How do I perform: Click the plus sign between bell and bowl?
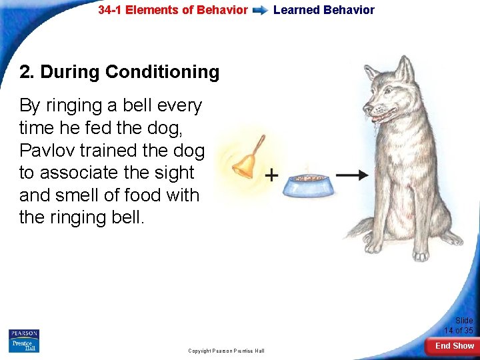271,175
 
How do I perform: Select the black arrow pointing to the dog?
351,175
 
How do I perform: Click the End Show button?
455,346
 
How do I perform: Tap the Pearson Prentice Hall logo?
24,341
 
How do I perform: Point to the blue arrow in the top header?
261,11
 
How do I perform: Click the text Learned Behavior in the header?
324,10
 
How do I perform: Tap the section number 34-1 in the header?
111,10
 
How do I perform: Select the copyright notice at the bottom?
226,351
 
